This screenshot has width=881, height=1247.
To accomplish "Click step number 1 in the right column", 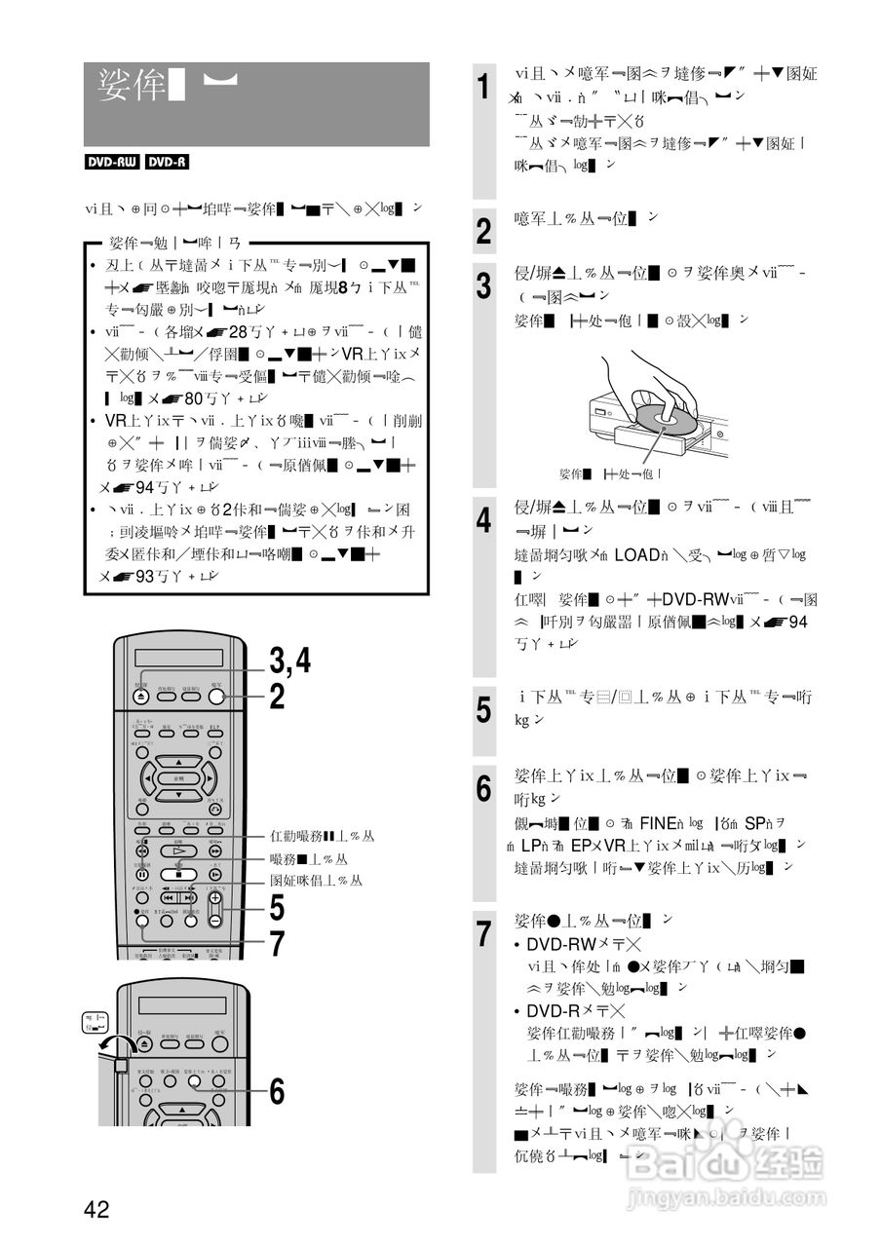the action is tap(483, 87).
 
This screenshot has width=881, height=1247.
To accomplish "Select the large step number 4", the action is tap(483, 520).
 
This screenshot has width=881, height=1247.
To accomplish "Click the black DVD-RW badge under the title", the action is tap(112, 163).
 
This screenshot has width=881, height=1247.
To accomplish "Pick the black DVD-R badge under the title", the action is tap(167, 163).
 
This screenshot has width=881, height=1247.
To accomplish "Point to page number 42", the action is tap(96, 1210).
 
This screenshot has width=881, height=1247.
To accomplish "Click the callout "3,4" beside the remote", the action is tap(289, 661).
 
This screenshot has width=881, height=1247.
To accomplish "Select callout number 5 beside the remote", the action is tap(277, 908).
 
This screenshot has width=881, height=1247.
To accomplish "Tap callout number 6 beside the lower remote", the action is tap(277, 1092).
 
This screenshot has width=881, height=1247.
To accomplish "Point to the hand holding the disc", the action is tap(655, 375).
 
